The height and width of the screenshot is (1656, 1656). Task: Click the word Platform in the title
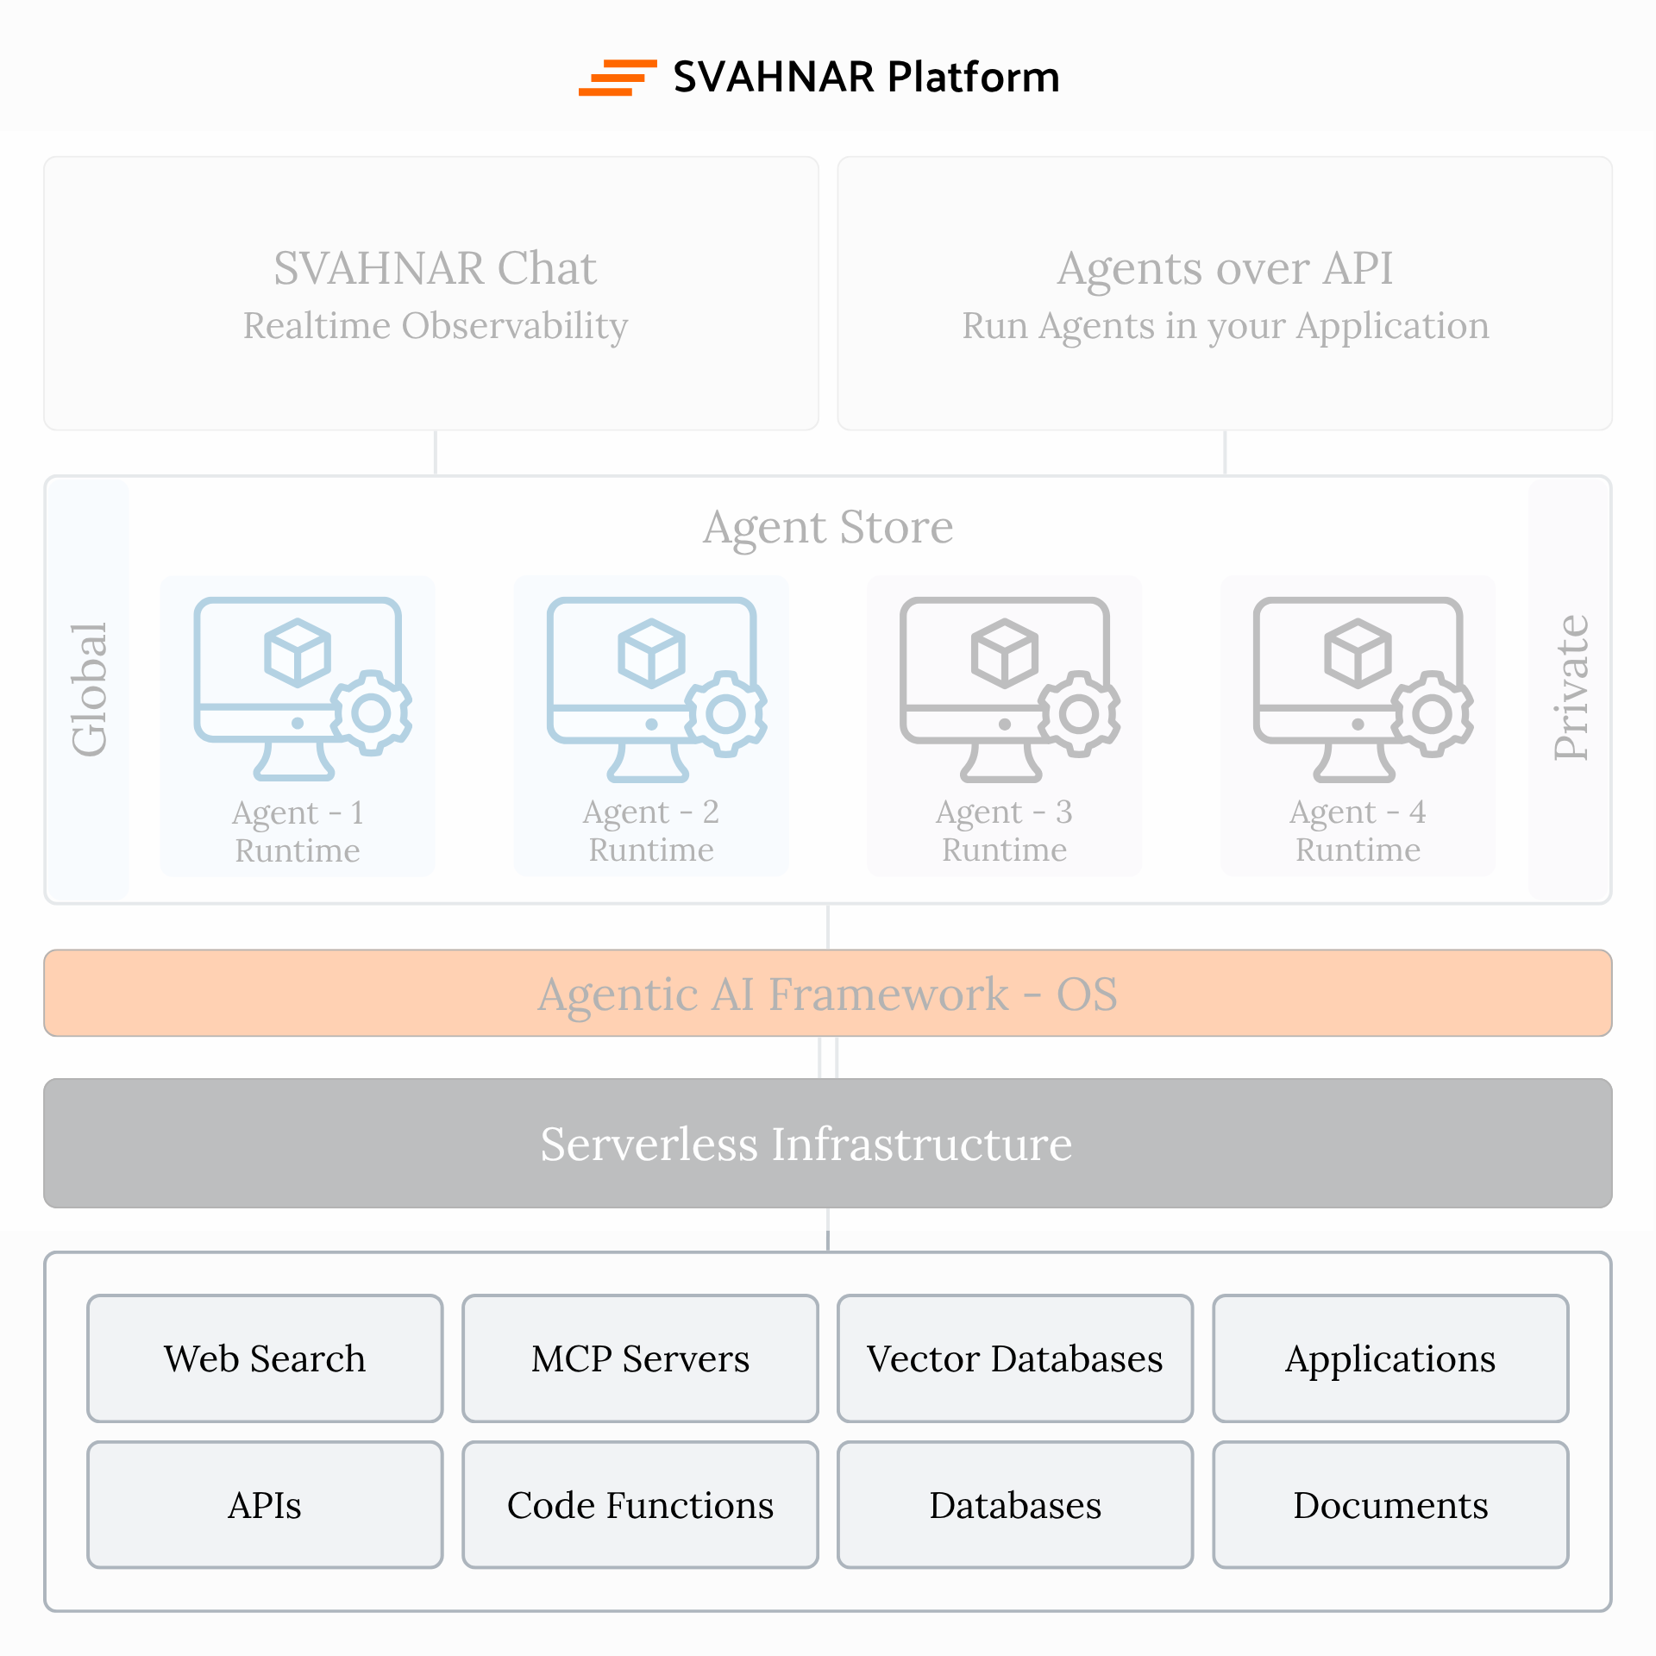click(x=973, y=78)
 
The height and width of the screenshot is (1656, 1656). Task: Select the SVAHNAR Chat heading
click(x=435, y=268)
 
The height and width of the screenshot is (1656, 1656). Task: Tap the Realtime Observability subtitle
click(x=435, y=326)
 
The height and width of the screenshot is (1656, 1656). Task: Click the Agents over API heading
click(x=1225, y=268)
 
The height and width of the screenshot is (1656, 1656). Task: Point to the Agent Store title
click(x=828, y=527)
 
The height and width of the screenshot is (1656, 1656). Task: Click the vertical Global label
click(x=89, y=690)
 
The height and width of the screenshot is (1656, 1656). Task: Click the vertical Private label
click(x=1571, y=688)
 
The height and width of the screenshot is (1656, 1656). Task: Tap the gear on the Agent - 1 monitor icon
click(x=372, y=713)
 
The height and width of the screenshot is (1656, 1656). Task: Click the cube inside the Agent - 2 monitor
click(x=651, y=653)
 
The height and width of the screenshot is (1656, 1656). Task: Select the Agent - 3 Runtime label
click(x=1004, y=831)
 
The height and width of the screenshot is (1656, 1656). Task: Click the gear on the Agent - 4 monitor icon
click(x=1433, y=713)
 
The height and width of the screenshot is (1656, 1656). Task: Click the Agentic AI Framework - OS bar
click(x=828, y=994)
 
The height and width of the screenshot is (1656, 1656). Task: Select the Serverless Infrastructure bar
click(x=828, y=1144)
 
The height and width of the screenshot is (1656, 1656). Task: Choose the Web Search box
click(x=265, y=1358)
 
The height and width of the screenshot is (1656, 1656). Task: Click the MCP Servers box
click(x=640, y=1358)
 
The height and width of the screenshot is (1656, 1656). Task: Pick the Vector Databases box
click(x=1015, y=1358)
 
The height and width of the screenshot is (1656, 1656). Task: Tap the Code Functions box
click(x=640, y=1505)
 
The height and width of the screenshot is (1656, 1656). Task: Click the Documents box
click(x=1390, y=1505)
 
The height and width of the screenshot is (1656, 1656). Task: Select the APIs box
click(x=265, y=1505)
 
